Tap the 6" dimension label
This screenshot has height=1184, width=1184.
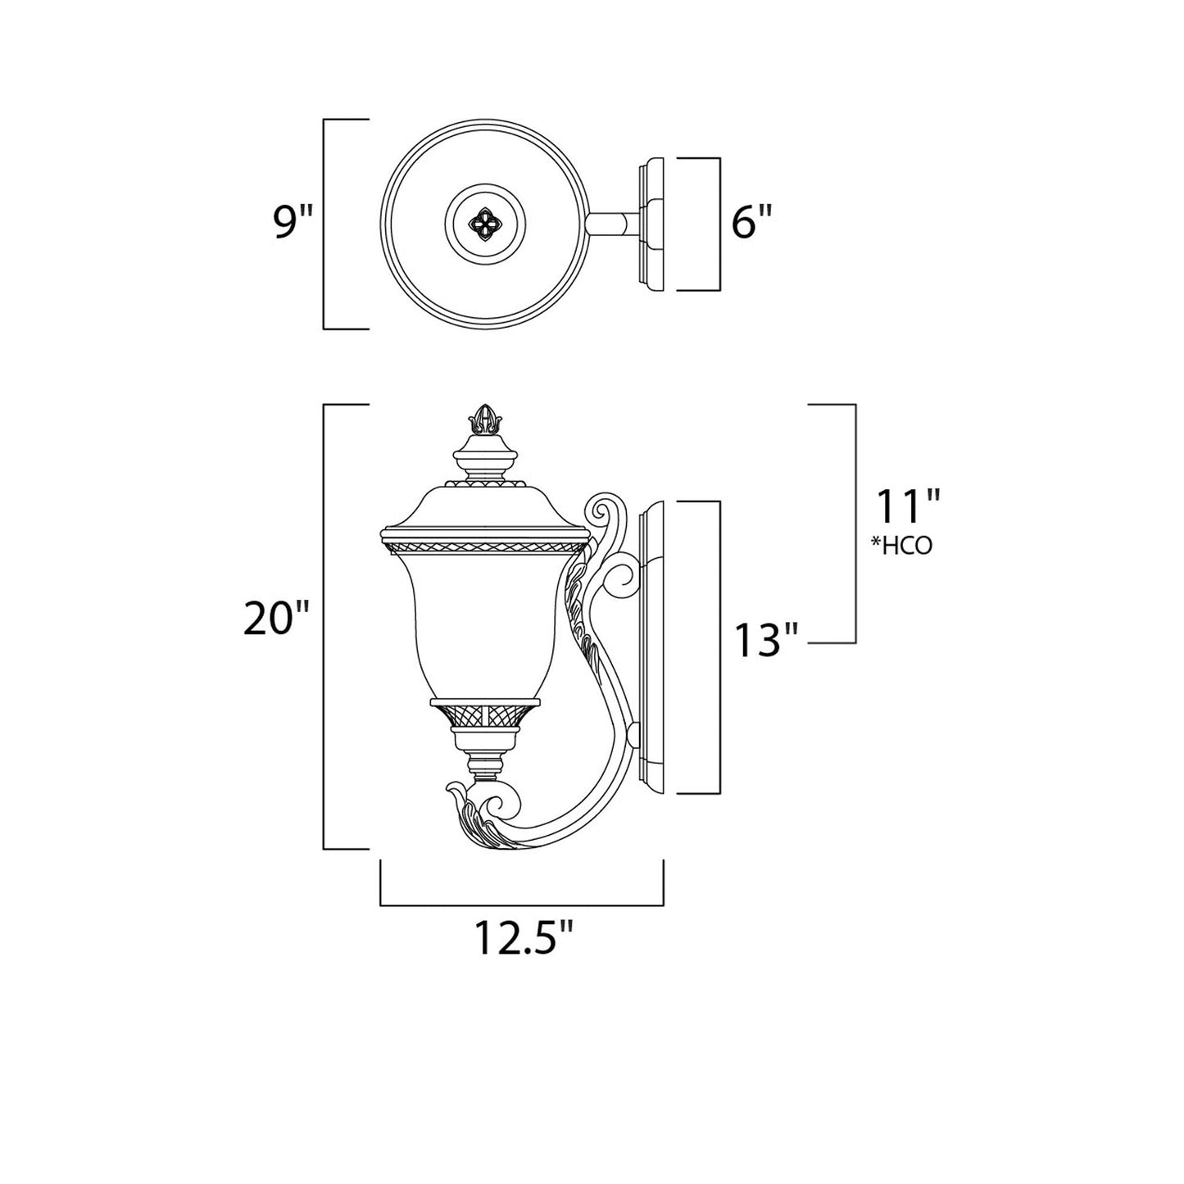click(x=752, y=224)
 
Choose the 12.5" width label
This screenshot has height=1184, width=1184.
click(x=523, y=940)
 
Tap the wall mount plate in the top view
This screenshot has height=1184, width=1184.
click(x=656, y=224)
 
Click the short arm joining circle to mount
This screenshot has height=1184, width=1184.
click(x=611, y=224)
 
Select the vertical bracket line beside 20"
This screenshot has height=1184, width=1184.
click(x=325, y=627)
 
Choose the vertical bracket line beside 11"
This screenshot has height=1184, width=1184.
click(x=855, y=524)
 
